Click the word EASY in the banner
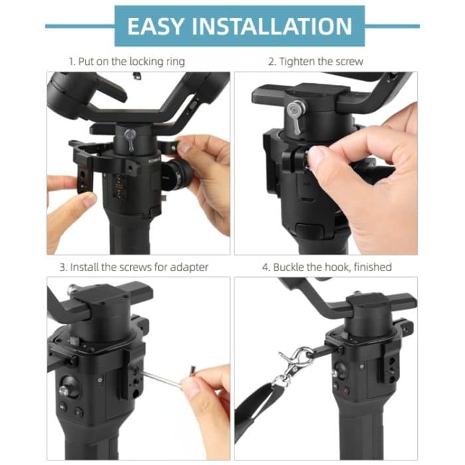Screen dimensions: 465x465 156,26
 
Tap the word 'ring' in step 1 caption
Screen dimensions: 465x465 174,61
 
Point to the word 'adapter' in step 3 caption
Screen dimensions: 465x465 189,267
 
